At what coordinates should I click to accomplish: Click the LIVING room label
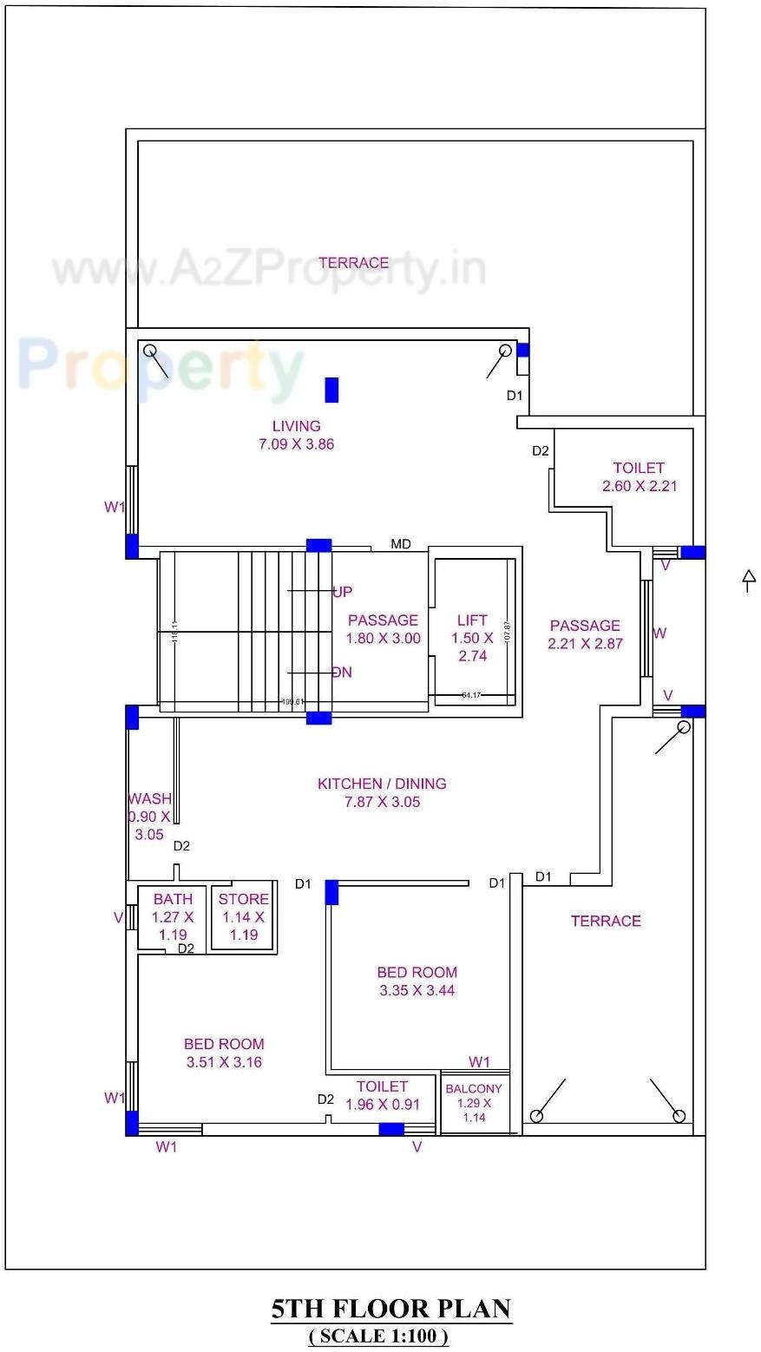296,426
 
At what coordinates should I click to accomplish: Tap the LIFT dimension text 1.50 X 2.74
472,647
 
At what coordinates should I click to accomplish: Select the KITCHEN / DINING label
382,784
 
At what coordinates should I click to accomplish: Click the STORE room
244,917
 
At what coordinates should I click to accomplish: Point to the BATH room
173,917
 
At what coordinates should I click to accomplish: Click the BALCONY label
474,1089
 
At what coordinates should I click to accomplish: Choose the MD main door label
401,544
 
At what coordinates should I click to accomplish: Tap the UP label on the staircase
342,592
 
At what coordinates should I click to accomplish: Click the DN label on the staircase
342,673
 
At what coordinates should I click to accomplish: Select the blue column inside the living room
331,390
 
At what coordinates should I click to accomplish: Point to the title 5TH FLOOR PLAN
391,1309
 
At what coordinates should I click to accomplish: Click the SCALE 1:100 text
379,1336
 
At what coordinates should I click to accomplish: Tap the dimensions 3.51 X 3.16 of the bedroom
224,1062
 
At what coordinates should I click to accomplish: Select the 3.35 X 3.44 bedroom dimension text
417,990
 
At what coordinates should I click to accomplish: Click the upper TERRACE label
353,263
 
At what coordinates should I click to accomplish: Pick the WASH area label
149,799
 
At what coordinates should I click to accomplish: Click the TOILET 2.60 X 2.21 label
640,476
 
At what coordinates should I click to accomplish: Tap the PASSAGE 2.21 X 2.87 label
585,634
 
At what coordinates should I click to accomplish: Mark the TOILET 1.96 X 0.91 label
382,1095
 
